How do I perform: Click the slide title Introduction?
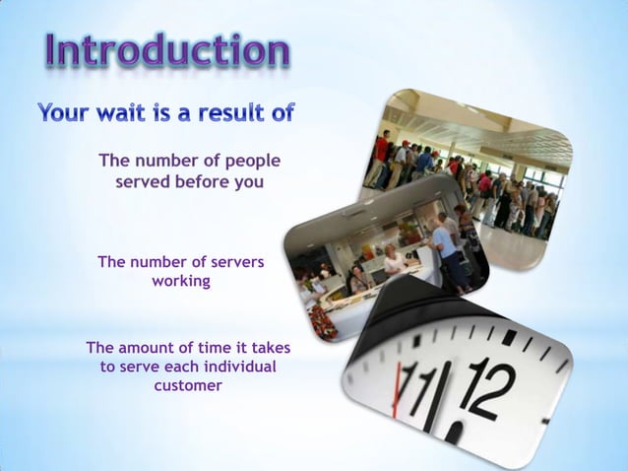[x=166, y=50]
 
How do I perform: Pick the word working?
[x=180, y=282]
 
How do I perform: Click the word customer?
[x=188, y=386]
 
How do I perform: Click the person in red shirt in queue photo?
[x=381, y=151]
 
